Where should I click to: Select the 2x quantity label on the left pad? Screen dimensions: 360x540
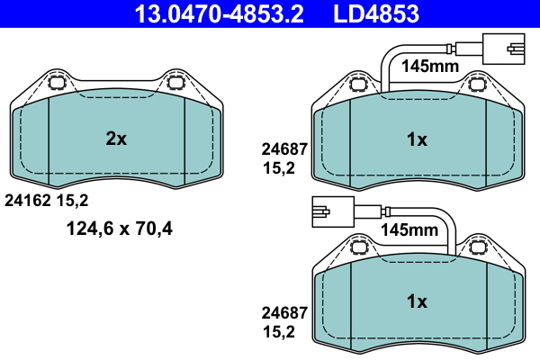[x=116, y=139]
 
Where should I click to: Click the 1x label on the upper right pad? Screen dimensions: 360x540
[x=416, y=139]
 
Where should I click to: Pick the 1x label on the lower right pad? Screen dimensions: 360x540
[x=416, y=301]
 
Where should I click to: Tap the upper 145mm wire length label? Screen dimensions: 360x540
[x=429, y=66]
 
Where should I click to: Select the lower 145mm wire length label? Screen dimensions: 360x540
[x=409, y=229]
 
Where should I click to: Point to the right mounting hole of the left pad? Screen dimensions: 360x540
[x=176, y=85]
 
